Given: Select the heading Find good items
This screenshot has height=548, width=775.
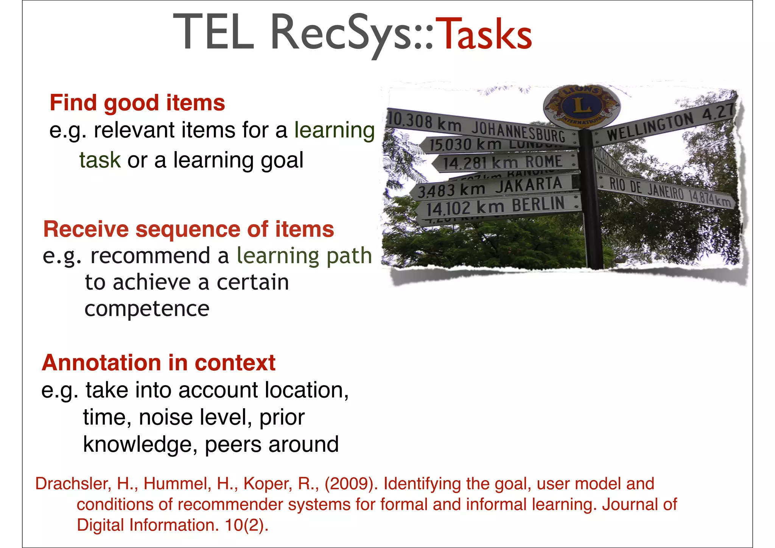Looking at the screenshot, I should [137, 103].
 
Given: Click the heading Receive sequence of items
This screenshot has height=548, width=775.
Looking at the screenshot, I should [188, 229].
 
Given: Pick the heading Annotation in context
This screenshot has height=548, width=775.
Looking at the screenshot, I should [159, 362].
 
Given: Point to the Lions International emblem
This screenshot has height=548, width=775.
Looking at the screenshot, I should [582, 106].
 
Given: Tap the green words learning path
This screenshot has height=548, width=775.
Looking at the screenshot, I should [304, 256].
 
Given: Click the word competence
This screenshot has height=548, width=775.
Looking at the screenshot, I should [147, 309].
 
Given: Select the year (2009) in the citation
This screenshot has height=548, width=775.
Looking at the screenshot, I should [351, 484].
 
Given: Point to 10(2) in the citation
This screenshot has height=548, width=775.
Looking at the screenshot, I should [246, 525].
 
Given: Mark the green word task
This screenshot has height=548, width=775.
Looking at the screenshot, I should [100, 160].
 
